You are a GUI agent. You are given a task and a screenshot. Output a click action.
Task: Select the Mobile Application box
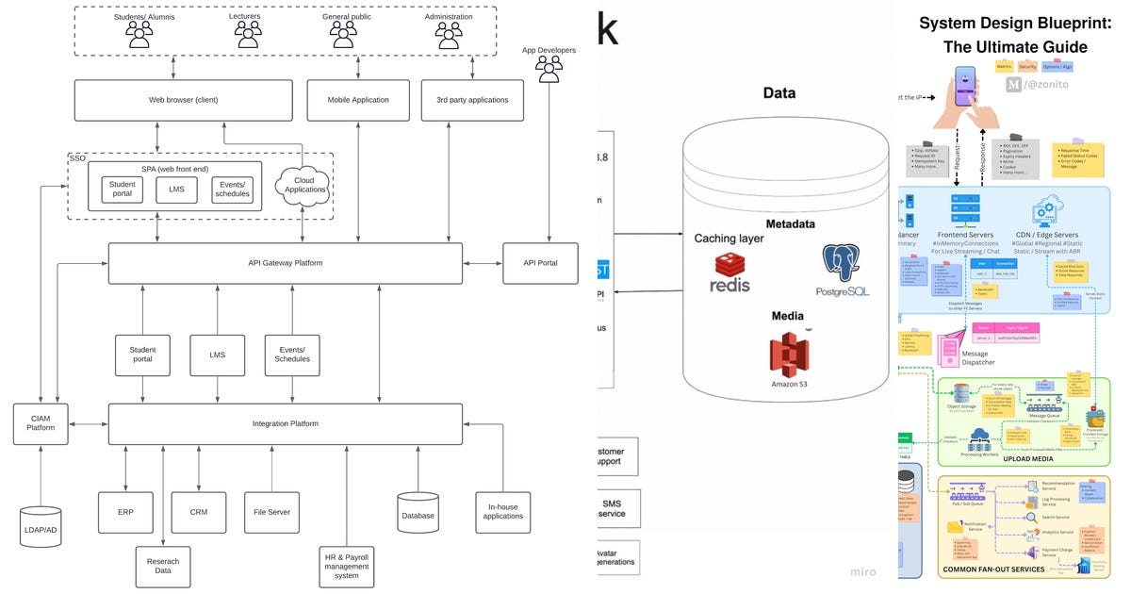pyautogui.click(x=357, y=100)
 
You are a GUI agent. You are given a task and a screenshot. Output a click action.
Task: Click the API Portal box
pyautogui.click(x=540, y=263)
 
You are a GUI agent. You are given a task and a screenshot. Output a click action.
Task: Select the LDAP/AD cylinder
pyautogui.click(x=40, y=527)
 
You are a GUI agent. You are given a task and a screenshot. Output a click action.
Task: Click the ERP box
pyautogui.click(x=125, y=512)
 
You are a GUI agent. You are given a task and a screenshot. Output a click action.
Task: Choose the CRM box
pyautogui.click(x=198, y=512)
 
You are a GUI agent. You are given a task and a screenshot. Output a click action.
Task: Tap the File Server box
pyautogui.click(x=271, y=512)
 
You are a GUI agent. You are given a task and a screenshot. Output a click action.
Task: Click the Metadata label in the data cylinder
pyautogui.click(x=790, y=224)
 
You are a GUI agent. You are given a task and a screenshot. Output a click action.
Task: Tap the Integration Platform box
pyautogui.click(x=285, y=424)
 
